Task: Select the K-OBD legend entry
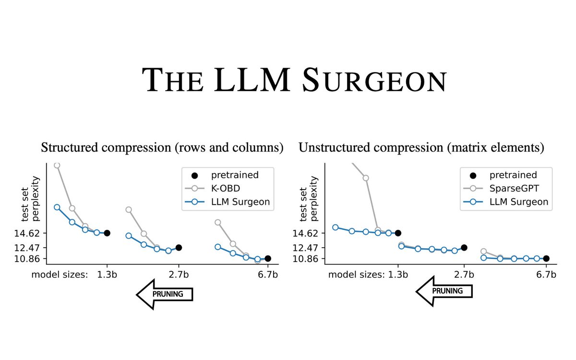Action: [x=226, y=189]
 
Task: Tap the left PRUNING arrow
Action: [x=165, y=294]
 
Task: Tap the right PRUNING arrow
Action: [x=444, y=291]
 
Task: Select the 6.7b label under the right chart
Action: [x=546, y=275]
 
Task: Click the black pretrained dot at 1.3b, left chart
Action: [x=107, y=233]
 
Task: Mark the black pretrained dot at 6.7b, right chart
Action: [x=546, y=258]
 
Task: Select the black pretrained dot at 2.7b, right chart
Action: [x=464, y=248]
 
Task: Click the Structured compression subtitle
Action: [x=162, y=147]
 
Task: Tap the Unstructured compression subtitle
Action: [x=421, y=147]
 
